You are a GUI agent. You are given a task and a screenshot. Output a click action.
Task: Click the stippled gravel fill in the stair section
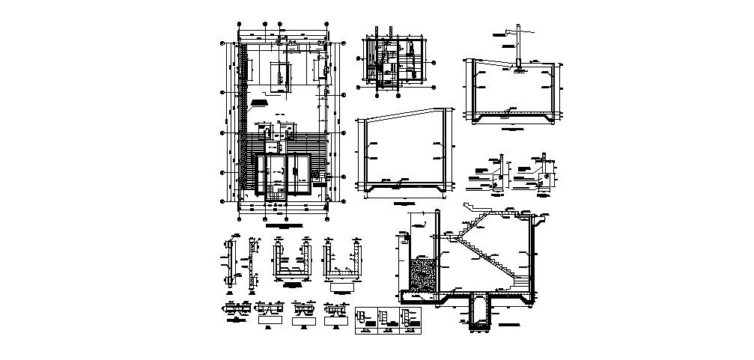422,275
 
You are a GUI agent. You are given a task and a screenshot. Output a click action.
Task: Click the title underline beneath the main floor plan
285,225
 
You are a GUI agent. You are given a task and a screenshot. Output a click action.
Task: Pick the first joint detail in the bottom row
234,308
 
